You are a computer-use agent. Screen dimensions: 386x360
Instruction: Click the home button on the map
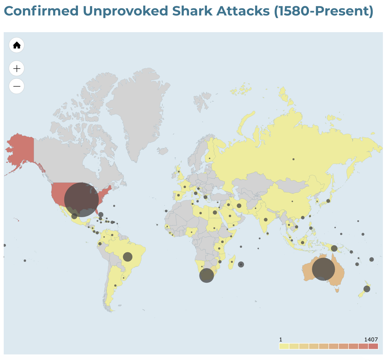[16, 45]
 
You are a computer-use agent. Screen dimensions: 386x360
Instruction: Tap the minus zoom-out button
[16, 86]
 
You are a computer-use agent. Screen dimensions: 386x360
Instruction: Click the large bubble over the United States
[81, 199]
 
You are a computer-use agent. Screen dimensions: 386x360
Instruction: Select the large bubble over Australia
[323, 269]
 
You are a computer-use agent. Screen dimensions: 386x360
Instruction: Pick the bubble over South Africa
[206, 275]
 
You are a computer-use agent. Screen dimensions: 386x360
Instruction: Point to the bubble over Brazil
[128, 257]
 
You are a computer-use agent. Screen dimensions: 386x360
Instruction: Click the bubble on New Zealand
[367, 289]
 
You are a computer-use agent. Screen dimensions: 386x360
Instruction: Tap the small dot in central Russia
[293, 159]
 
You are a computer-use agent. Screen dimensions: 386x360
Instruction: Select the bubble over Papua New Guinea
[334, 248]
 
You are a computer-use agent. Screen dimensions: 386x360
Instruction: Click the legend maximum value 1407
[371, 339]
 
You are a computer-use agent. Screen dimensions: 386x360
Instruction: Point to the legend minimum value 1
[281, 339]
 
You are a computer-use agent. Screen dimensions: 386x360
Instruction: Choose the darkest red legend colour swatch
[373, 346]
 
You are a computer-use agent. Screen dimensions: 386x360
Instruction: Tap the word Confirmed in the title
[41, 11]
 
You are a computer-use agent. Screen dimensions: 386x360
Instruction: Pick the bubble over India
[265, 220]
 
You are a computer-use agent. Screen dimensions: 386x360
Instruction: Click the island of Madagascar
[232, 262]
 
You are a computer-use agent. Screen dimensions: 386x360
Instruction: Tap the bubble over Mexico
[74, 216]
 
